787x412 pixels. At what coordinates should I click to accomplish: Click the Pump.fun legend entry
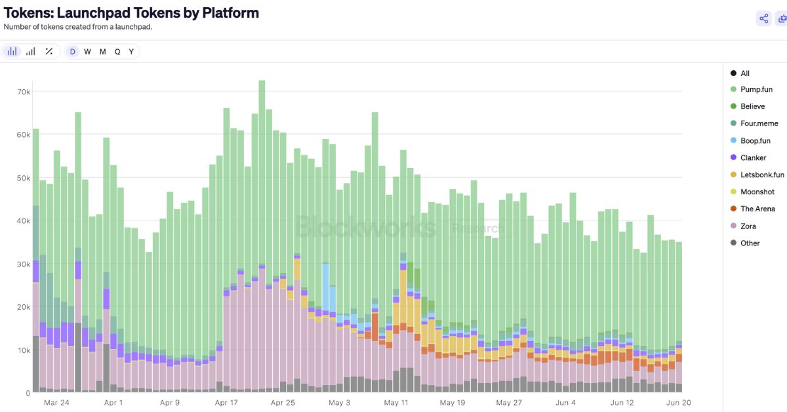(756, 89)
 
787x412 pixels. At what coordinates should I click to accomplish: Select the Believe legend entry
(752, 106)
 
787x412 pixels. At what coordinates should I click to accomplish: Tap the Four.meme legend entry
(759, 123)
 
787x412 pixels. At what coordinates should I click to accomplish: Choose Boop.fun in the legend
(755, 140)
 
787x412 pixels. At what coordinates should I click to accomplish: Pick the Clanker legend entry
(753, 157)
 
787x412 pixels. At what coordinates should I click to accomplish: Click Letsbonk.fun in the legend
(762, 175)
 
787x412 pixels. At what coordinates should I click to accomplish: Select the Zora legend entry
(748, 226)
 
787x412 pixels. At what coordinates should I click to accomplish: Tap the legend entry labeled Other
(750, 243)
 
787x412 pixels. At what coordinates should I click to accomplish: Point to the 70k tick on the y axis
(24, 92)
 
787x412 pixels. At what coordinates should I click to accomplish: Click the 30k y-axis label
(24, 264)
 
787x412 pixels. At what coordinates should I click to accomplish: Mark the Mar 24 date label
(56, 403)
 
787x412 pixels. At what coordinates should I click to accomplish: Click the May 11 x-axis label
(396, 403)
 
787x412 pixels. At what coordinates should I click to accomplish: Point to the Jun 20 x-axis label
(679, 403)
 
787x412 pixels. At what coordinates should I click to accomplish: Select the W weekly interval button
(87, 52)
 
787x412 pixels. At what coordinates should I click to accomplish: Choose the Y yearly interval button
(131, 52)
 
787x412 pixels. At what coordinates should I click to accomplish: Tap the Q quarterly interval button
(117, 52)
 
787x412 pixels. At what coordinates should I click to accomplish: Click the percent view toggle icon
(49, 52)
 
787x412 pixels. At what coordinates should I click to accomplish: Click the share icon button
(763, 18)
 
